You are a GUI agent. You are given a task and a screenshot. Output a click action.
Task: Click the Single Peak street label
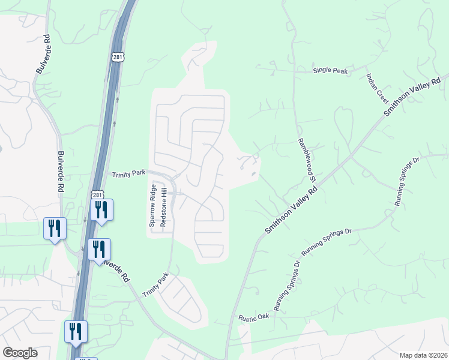click(x=330, y=71)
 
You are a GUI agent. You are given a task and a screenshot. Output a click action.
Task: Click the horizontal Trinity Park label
click(x=129, y=173)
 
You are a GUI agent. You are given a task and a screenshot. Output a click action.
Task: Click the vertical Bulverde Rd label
click(x=62, y=172)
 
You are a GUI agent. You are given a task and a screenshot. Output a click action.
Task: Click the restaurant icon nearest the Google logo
click(x=76, y=331)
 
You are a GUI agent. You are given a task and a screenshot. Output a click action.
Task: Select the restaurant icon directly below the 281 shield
click(x=101, y=209)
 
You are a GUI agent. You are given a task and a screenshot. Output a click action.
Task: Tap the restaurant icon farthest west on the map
click(x=55, y=228)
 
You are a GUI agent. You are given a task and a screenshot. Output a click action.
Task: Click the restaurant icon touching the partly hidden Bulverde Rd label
click(x=99, y=249)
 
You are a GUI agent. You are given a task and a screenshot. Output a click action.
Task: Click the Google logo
click(x=20, y=353)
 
